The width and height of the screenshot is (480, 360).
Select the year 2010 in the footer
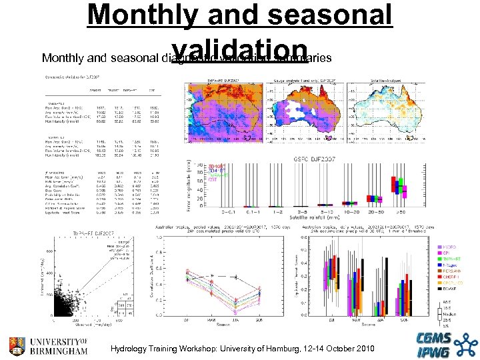click(x=364, y=349)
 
